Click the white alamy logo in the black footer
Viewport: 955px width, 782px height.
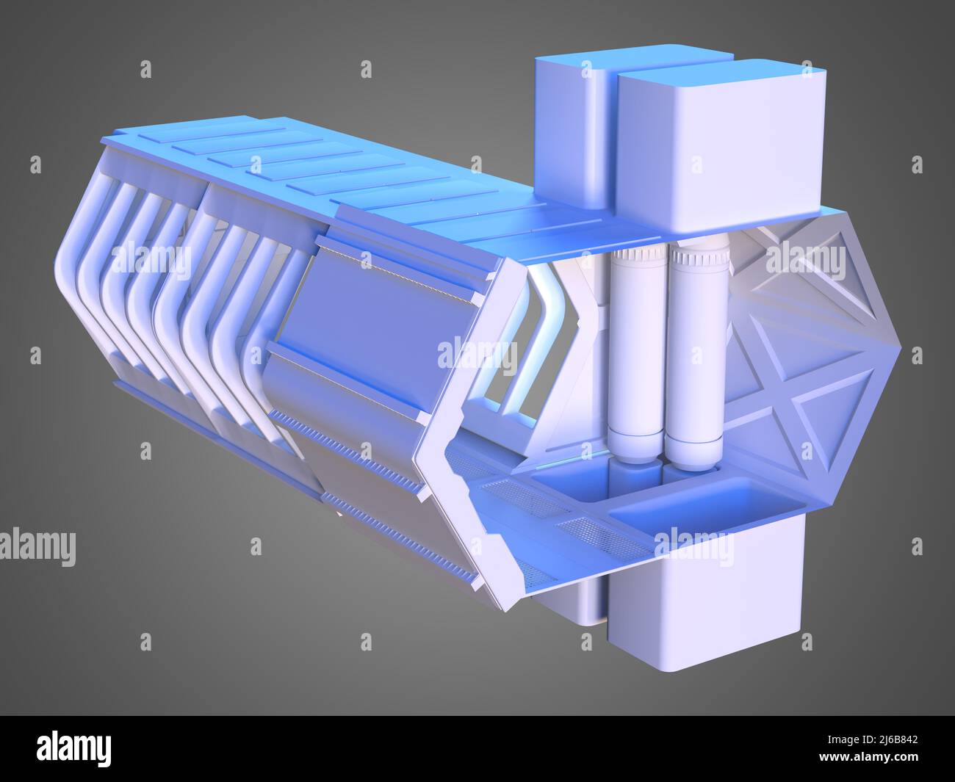click(x=73, y=749)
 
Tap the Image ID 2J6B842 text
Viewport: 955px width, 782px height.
click(x=873, y=739)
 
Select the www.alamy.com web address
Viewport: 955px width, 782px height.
click(x=868, y=756)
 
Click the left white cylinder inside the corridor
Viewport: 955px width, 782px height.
click(x=637, y=353)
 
